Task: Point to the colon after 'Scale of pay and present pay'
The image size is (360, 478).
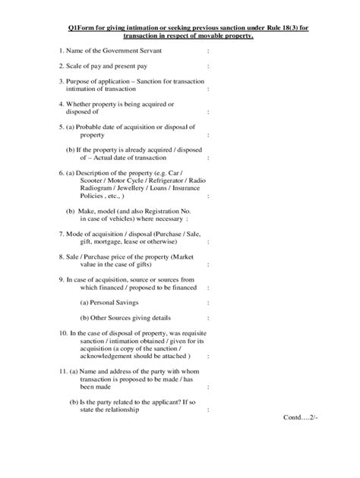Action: pos(207,68)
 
